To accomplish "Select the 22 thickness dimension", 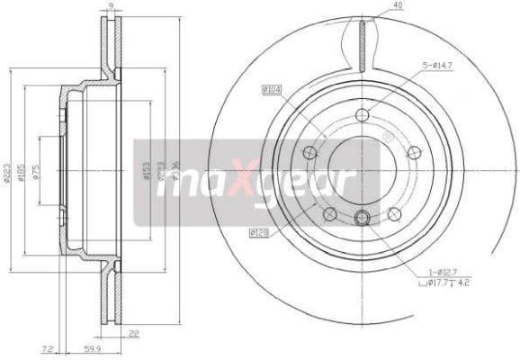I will [135, 334].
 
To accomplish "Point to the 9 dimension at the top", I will [110, 6].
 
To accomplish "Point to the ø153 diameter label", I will [147, 171].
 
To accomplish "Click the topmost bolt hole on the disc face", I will [362, 114].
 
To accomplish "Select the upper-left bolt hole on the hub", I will [309, 152].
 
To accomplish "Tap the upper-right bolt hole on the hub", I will [414, 152].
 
